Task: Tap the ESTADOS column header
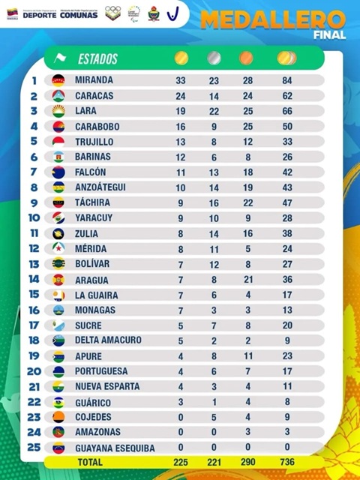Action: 97,58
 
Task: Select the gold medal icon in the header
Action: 181,58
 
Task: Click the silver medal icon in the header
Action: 214,58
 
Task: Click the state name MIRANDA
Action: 94,80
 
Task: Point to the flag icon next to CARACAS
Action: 58,96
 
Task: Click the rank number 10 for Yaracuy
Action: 34,218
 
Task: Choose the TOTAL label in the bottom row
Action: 90,462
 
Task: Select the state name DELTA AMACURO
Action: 108,340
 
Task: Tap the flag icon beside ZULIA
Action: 58,233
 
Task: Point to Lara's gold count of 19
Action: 181,111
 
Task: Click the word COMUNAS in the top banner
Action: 78,13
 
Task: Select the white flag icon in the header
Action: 60,58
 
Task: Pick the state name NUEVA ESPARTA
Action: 107,386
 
